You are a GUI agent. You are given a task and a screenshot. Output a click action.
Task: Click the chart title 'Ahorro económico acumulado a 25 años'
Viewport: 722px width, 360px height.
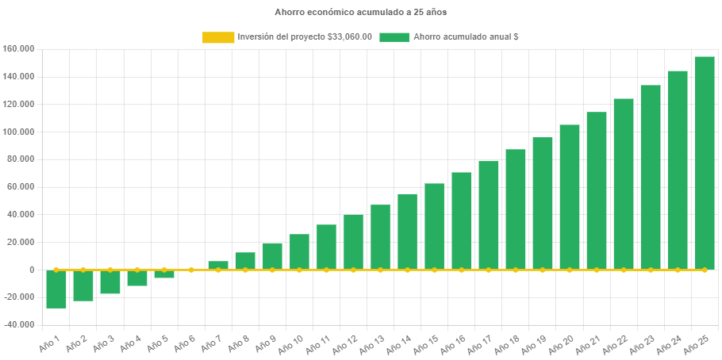click(x=361, y=13)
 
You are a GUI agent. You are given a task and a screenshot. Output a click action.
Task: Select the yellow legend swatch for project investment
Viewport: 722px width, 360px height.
click(x=218, y=37)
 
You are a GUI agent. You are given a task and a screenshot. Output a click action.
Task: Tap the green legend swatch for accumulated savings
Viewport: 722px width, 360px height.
click(x=394, y=37)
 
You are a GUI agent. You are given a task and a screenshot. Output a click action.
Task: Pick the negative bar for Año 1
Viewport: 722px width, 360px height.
click(x=56, y=289)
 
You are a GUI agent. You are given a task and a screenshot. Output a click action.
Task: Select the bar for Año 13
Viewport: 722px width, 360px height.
click(x=380, y=237)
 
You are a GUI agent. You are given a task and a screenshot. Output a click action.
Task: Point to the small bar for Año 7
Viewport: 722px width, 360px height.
click(x=218, y=265)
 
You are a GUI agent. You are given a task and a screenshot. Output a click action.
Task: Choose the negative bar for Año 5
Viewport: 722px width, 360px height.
click(x=164, y=274)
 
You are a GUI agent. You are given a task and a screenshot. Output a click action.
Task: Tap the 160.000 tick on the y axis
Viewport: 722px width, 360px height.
click(x=18, y=49)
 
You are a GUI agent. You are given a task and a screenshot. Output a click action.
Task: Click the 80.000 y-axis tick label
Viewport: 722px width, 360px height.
click(x=20, y=159)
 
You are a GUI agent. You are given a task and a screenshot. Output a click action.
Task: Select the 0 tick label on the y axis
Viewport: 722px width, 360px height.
click(x=32, y=270)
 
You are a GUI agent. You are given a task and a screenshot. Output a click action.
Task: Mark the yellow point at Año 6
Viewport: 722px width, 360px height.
click(x=191, y=270)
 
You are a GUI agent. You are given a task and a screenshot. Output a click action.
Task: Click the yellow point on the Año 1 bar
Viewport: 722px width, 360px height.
click(x=56, y=270)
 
